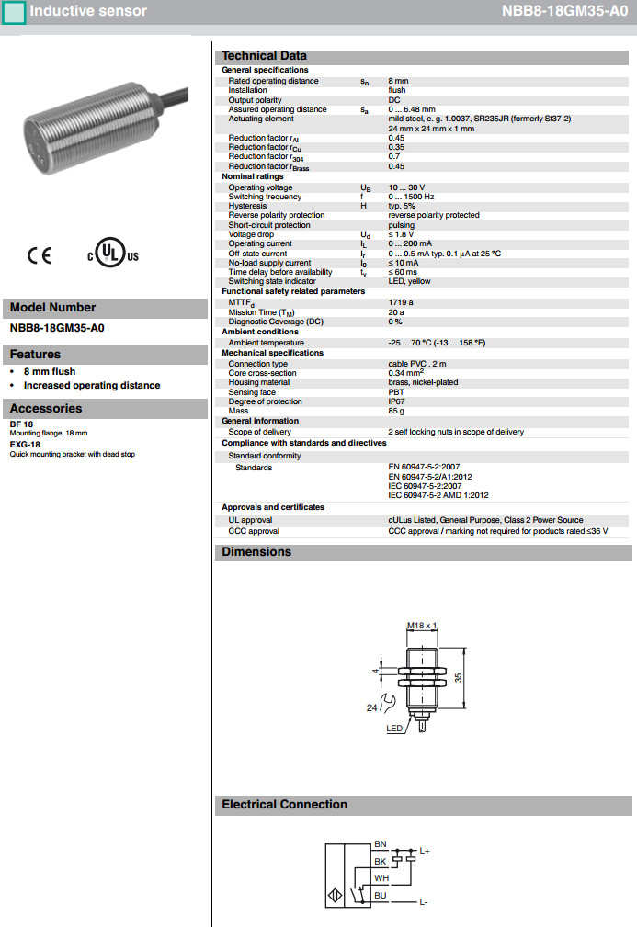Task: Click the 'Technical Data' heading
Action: [x=264, y=56]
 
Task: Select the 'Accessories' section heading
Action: [x=46, y=409]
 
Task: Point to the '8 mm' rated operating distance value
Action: [x=398, y=81]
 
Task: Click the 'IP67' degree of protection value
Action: [x=397, y=401]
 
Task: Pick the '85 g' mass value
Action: [x=397, y=411]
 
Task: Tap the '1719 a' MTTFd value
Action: [x=401, y=301]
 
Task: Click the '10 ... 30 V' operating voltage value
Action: [x=406, y=187]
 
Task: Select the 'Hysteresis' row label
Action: [x=247, y=206]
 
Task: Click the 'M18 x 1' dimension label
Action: [x=422, y=626]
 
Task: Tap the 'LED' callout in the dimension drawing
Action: [x=395, y=729]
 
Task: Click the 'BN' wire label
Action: [x=381, y=843]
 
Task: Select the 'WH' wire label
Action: [x=381, y=878]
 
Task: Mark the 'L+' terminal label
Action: [x=425, y=851]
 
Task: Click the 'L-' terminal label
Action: [x=424, y=903]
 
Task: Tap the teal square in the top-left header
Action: [x=14, y=12]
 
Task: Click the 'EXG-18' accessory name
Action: [x=25, y=445]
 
